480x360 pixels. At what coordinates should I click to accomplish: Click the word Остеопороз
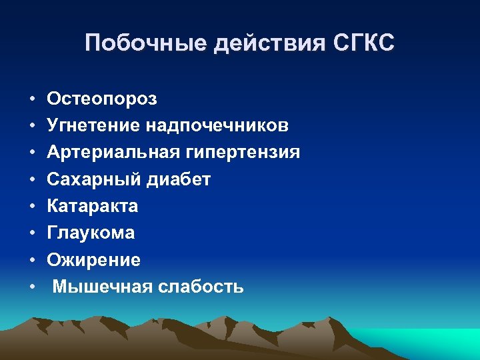click(x=102, y=99)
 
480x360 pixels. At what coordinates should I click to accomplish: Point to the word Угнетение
click(x=92, y=126)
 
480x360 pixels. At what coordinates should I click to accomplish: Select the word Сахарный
click(x=89, y=179)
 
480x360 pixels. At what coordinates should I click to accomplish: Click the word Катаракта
click(x=93, y=206)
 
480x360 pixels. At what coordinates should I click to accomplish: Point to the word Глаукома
click(x=91, y=233)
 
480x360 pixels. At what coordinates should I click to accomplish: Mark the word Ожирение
click(x=93, y=260)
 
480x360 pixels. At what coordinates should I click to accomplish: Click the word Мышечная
click(x=103, y=287)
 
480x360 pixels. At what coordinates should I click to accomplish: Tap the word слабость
click(x=201, y=287)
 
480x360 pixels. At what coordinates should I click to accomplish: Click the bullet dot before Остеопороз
click(x=32, y=100)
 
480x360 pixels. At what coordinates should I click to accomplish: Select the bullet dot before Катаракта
click(x=32, y=207)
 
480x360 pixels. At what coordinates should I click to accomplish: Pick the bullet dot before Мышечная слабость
click(x=32, y=287)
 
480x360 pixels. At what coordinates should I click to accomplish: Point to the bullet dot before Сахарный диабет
click(x=32, y=180)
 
